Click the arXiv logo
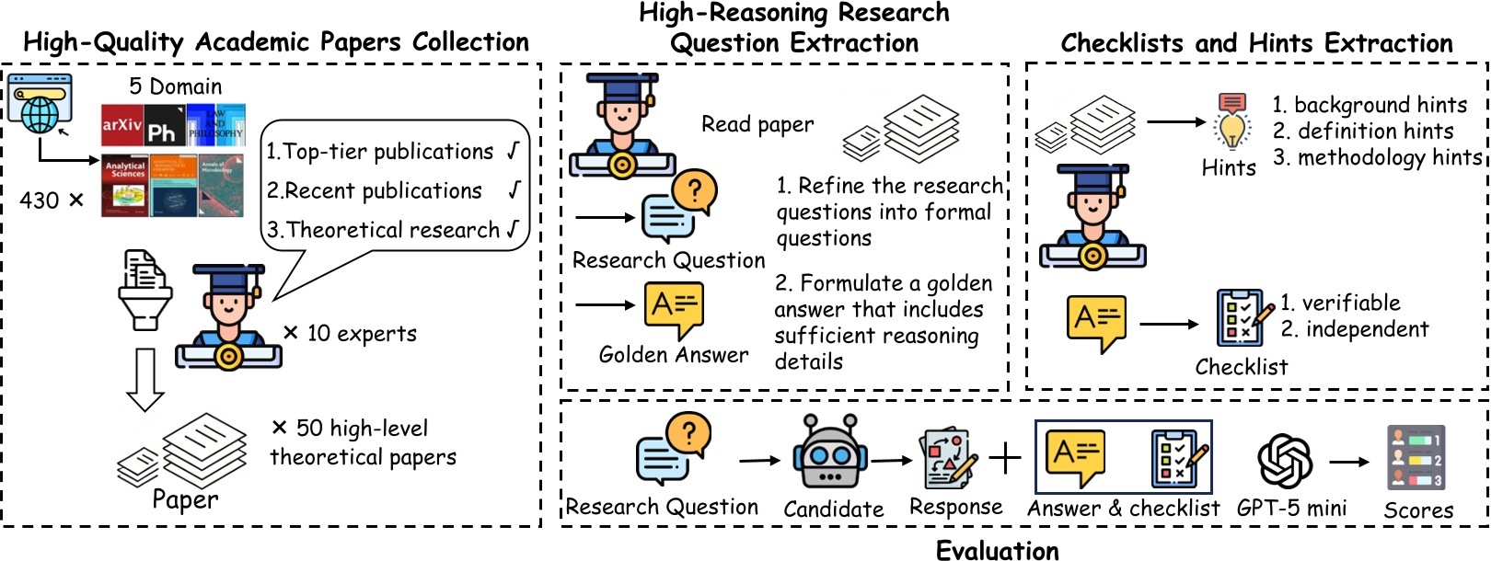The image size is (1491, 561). pos(121,125)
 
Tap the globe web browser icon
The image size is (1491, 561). pos(40,103)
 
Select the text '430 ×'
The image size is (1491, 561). pos(52,200)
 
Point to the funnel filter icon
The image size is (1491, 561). pos(144,290)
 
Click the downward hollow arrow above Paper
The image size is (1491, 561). pos(144,379)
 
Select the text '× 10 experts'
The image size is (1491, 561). pos(350,333)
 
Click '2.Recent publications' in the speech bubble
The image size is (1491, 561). pos(374,190)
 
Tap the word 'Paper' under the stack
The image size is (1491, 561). pos(185,499)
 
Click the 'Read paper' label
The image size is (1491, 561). pos(757,124)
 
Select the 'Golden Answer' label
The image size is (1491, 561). pos(674,355)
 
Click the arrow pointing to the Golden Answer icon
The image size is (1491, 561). pos(605,304)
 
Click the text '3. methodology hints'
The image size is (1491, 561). pos(1377,157)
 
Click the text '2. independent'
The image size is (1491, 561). pos(1355,329)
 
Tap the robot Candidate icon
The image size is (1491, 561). pos(829,452)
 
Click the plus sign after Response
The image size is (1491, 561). pos(1005,457)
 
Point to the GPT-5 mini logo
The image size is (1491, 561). pos(1285,460)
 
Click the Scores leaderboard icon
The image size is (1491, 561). pos(1416,457)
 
